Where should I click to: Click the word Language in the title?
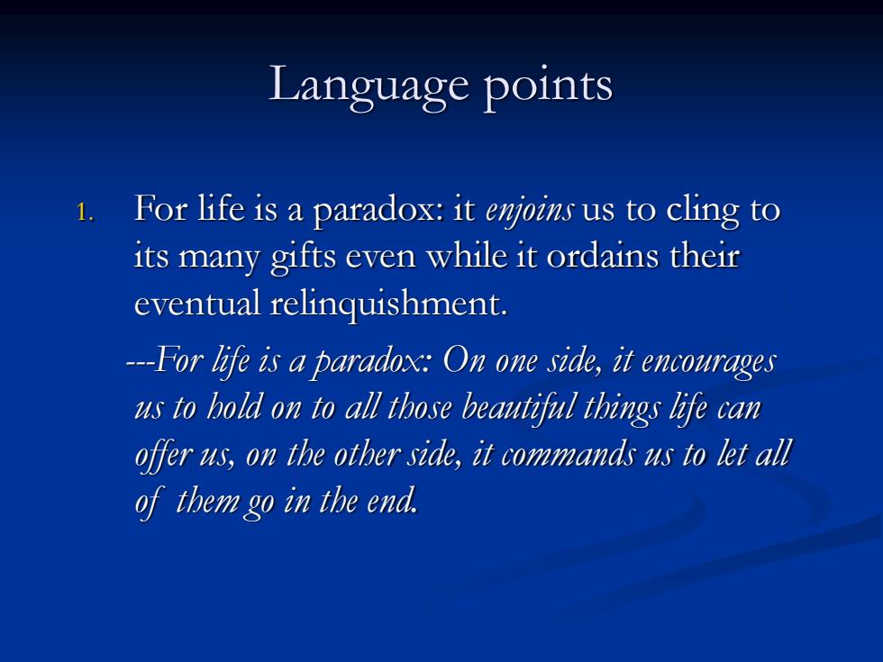pos(369,86)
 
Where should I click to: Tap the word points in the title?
pos(548,86)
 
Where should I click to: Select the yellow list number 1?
pos(84,213)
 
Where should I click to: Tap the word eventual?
pos(197,304)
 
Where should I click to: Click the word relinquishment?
pos(389,304)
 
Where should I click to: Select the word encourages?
pos(708,361)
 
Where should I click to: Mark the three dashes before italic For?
pos(139,363)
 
